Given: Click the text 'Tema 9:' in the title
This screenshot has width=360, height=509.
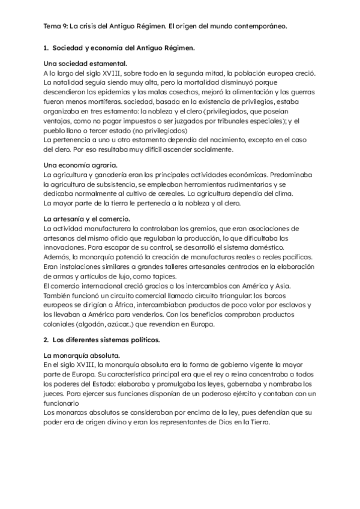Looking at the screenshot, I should point(56,26).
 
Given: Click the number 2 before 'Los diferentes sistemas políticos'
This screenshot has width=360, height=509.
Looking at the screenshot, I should point(46,340).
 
